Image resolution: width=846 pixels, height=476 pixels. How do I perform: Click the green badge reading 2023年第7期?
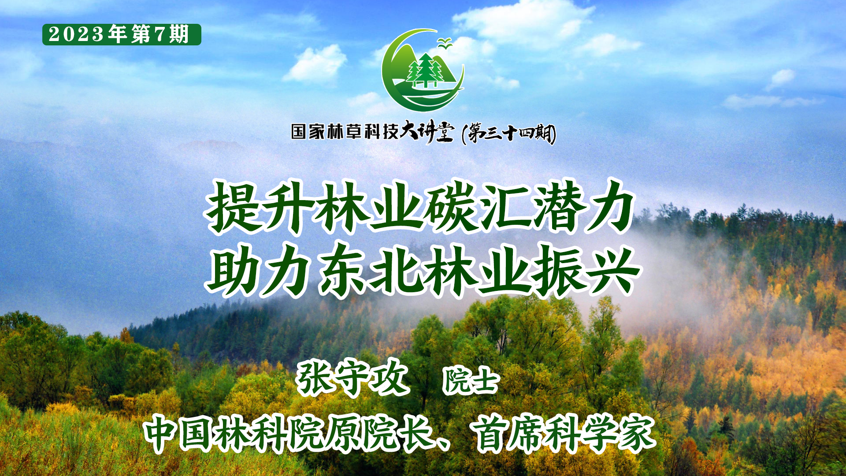(x=122, y=34)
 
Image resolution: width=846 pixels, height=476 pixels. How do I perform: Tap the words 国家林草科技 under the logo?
(x=345, y=131)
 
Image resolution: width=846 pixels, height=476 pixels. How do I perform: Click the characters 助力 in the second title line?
(x=260, y=270)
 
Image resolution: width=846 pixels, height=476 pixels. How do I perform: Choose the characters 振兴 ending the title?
(x=586, y=270)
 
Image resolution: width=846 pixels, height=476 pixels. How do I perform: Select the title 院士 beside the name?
(x=471, y=380)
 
